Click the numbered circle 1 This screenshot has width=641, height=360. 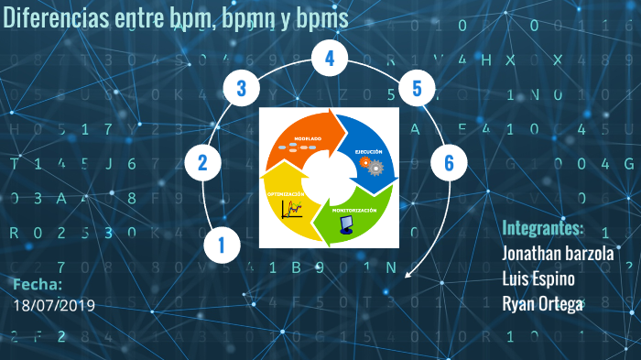tap(222, 244)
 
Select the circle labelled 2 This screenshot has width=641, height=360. tap(202, 163)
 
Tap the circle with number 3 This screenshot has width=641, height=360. tap(242, 89)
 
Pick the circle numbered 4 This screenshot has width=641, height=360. tap(330, 60)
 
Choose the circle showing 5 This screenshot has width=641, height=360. tap(417, 89)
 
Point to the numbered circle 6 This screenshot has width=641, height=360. tap(449, 163)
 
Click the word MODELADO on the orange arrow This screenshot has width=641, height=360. tap(308, 138)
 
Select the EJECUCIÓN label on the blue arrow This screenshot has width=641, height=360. tap(369, 150)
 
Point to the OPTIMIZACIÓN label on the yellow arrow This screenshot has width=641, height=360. tap(286, 195)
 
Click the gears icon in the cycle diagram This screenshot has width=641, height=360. tap(371, 165)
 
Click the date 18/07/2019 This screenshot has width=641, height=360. tap(55, 304)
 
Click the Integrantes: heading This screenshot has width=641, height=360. tap(542, 228)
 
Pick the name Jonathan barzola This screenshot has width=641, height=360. tap(557, 254)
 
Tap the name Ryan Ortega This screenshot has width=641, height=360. tap(542, 304)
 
